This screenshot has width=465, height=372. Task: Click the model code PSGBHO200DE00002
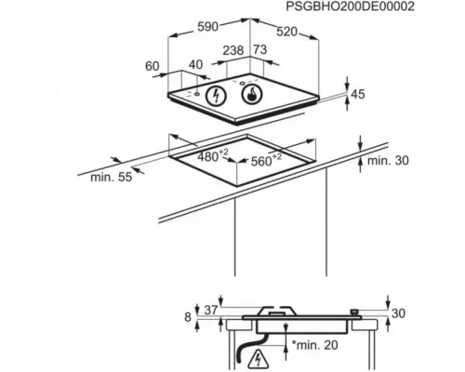coord(350,7)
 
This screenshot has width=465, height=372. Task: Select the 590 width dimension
coord(208,27)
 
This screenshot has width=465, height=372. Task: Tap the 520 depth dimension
coord(286,32)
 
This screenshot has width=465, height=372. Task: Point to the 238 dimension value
coord(233,50)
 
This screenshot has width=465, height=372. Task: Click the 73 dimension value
coord(260,49)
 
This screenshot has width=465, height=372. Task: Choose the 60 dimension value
coord(153,66)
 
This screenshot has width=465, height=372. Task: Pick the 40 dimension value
coord(196,64)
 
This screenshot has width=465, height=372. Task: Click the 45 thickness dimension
coord(358,94)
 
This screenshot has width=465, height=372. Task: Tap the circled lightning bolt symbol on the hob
coord(216,96)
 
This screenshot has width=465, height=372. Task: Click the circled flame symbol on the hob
coord(252,94)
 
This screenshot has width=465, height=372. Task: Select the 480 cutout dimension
coord(213,156)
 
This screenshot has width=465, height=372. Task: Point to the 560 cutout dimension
coord(266,160)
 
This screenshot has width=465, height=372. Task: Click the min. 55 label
coord(112,178)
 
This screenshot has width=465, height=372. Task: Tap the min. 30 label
coord(388,161)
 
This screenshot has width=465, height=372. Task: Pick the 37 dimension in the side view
coord(211,310)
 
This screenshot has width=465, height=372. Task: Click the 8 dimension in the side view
coord(188,317)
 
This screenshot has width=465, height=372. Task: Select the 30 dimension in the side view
coord(398,313)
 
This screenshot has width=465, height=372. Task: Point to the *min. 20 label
coord(315,345)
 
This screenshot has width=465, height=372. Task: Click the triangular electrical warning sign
coord(257,359)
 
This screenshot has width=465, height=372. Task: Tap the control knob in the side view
coord(354,312)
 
